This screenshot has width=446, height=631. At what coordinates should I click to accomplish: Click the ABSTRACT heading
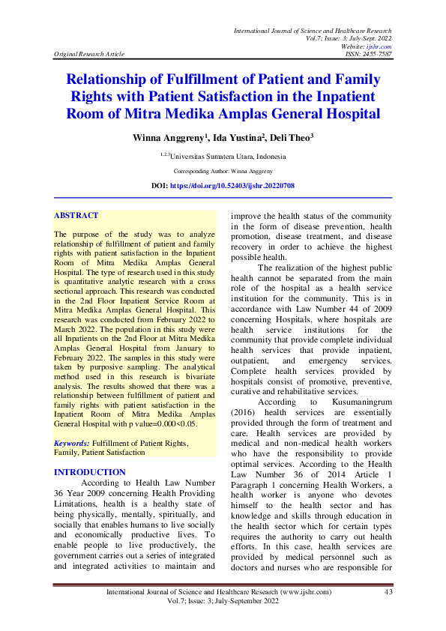click(76, 216)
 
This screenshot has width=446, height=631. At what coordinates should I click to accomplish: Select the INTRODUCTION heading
click(90, 472)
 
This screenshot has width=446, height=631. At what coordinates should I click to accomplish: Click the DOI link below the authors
click(232, 184)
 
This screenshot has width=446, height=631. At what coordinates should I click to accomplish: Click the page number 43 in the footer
click(388, 593)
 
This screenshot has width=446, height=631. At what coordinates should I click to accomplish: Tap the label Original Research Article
click(88, 54)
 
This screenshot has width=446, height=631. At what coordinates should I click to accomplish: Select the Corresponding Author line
click(223, 171)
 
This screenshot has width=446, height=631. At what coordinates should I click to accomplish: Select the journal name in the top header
click(313, 30)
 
